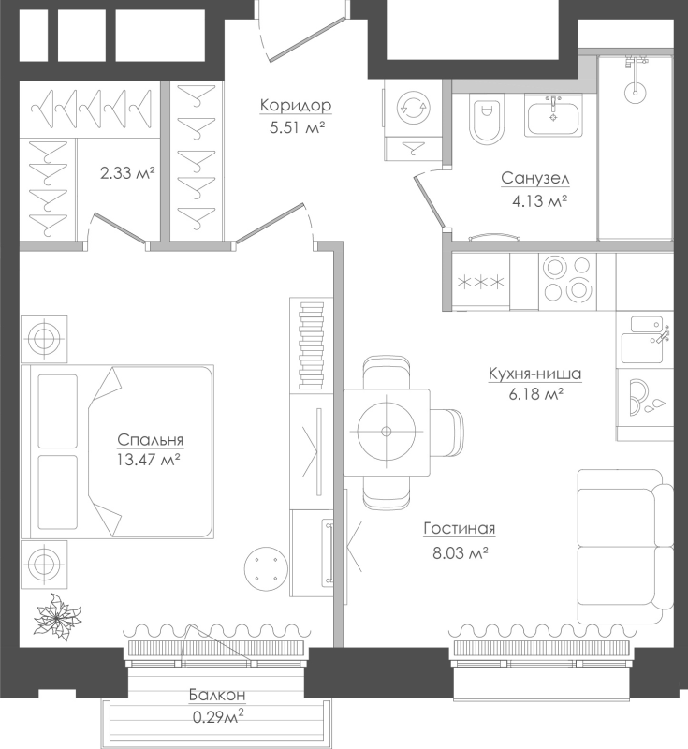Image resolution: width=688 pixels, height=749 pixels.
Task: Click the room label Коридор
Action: (x=296, y=106)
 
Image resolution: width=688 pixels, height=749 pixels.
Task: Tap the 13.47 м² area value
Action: (x=148, y=460)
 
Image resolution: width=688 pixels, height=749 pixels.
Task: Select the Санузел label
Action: (x=535, y=179)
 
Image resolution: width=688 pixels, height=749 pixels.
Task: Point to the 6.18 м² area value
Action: (x=536, y=394)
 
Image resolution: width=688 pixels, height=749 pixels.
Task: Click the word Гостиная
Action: (x=460, y=529)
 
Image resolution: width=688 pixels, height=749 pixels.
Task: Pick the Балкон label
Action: (x=217, y=695)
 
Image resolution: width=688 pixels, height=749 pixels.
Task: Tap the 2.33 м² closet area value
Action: (x=127, y=172)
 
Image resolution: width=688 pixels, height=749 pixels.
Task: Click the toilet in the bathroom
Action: (x=487, y=119)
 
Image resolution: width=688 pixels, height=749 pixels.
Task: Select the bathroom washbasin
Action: (x=553, y=115)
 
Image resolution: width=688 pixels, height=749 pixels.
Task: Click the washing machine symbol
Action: (x=414, y=108)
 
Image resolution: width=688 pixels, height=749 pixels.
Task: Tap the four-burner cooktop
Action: (x=567, y=282)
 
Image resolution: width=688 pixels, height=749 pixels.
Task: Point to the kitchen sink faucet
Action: (x=662, y=336)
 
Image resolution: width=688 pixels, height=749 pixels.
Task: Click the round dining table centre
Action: (x=387, y=432)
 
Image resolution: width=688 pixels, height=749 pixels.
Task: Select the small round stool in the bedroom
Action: (x=266, y=568)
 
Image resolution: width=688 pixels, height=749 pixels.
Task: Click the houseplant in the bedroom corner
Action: (x=57, y=617)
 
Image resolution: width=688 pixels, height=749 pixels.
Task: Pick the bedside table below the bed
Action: (x=44, y=565)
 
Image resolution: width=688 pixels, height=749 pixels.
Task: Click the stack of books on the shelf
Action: (x=312, y=346)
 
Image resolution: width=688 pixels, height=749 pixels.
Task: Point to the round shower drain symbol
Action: (x=635, y=90)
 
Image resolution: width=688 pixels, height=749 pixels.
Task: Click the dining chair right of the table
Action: (x=446, y=433)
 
